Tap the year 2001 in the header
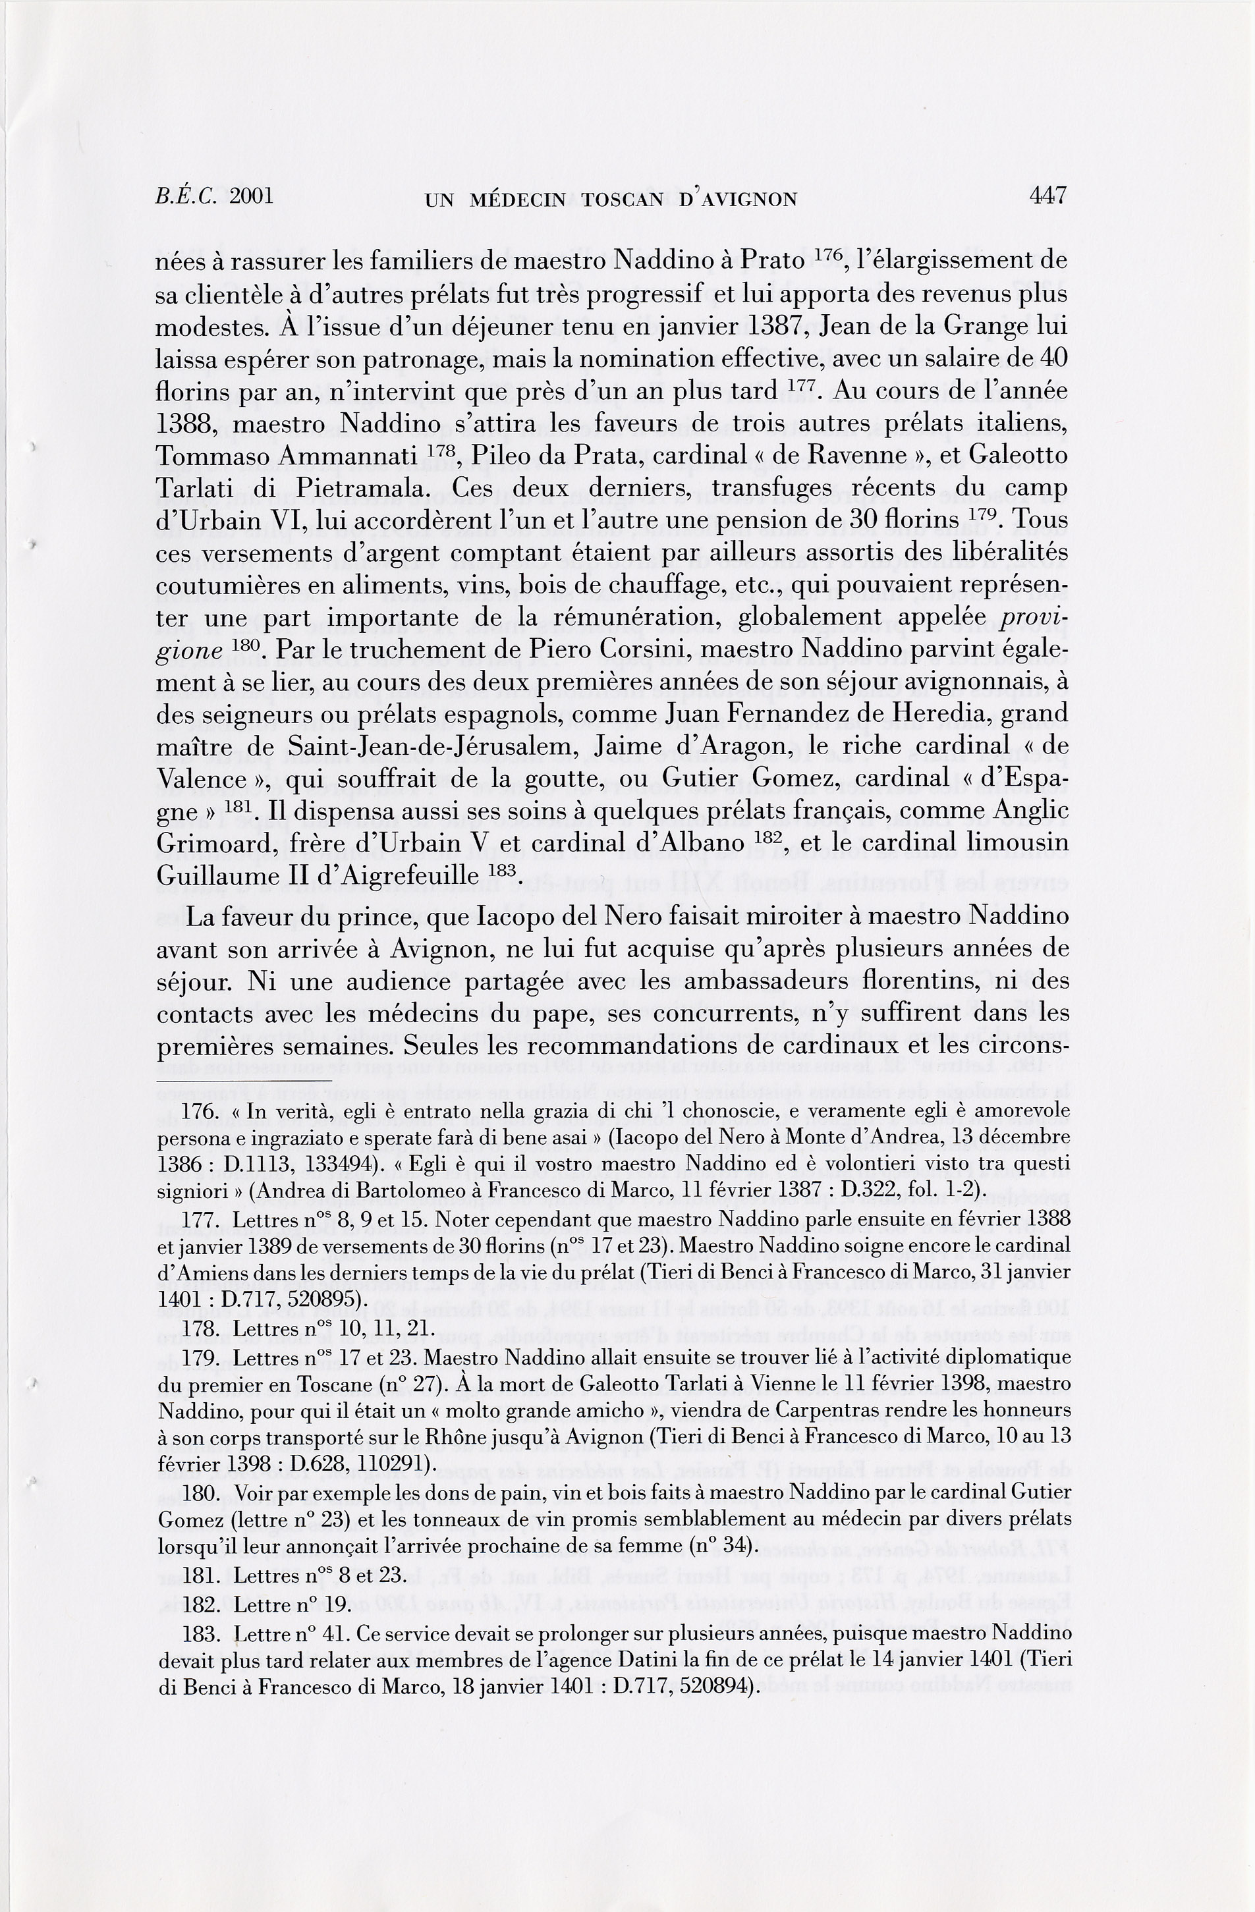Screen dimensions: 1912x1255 pyautogui.click(x=252, y=196)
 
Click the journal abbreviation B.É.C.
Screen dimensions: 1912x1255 pyautogui.click(x=187, y=196)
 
